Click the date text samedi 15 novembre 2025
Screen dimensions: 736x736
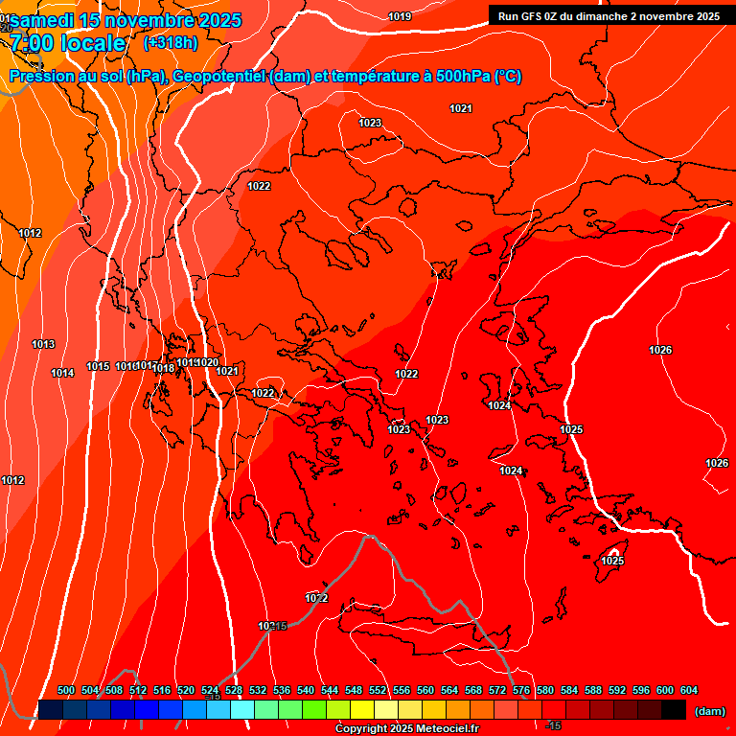tap(125, 20)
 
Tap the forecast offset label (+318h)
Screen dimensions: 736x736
tap(171, 43)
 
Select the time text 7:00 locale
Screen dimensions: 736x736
tap(68, 43)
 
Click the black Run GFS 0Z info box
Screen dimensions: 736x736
tap(609, 15)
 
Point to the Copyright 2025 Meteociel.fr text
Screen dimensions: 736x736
tap(407, 729)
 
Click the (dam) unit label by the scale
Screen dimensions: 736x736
tap(709, 711)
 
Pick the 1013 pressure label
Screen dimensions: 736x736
tap(43, 344)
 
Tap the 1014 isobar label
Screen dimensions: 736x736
tap(63, 373)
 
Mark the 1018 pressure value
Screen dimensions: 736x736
tap(164, 368)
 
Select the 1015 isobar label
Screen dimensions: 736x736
tap(98, 366)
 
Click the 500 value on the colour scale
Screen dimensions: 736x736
tap(66, 691)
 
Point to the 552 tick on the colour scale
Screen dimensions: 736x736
tap(378, 691)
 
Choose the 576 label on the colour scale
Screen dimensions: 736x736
tap(521, 691)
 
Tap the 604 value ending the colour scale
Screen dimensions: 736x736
tap(688, 691)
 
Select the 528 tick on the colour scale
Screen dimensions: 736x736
tap(234, 691)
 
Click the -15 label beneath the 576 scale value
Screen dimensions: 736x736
tap(552, 725)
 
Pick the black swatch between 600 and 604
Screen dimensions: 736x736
tap(674, 709)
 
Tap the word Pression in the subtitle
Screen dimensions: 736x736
tap(39, 77)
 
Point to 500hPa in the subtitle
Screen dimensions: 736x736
tap(463, 77)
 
